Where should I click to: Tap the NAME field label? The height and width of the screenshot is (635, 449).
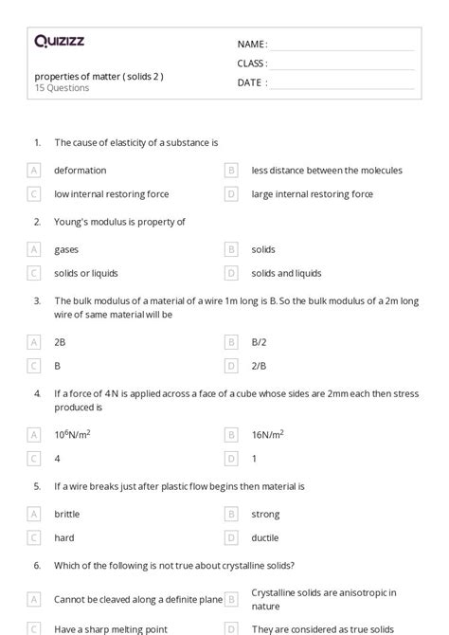tap(252, 45)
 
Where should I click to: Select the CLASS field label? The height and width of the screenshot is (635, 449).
tap(252, 63)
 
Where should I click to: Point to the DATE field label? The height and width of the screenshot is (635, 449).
tap(251, 82)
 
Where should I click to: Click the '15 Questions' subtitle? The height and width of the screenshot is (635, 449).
tap(62, 88)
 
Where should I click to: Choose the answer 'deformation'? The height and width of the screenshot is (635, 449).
tap(80, 171)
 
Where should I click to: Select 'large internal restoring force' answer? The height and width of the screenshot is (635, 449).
tap(312, 194)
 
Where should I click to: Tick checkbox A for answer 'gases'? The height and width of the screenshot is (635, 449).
tap(34, 250)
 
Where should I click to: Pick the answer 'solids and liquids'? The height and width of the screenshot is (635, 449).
tap(286, 273)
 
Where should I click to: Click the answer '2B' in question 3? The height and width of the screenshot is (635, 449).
tap(60, 341)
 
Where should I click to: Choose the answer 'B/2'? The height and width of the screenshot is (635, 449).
tap(260, 341)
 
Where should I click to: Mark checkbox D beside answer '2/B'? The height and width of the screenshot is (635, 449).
tap(231, 365)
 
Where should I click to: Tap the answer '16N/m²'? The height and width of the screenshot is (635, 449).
tap(267, 434)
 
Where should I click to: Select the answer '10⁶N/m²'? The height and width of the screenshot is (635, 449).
tap(72, 434)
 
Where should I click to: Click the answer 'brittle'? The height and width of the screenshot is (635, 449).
tap(66, 514)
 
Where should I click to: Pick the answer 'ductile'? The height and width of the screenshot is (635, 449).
tap(265, 537)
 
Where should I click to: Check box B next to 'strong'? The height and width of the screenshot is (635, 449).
tap(231, 514)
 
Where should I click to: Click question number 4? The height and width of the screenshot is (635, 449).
tap(37, 392)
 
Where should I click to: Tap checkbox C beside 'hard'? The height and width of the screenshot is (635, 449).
tap(34, 537)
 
